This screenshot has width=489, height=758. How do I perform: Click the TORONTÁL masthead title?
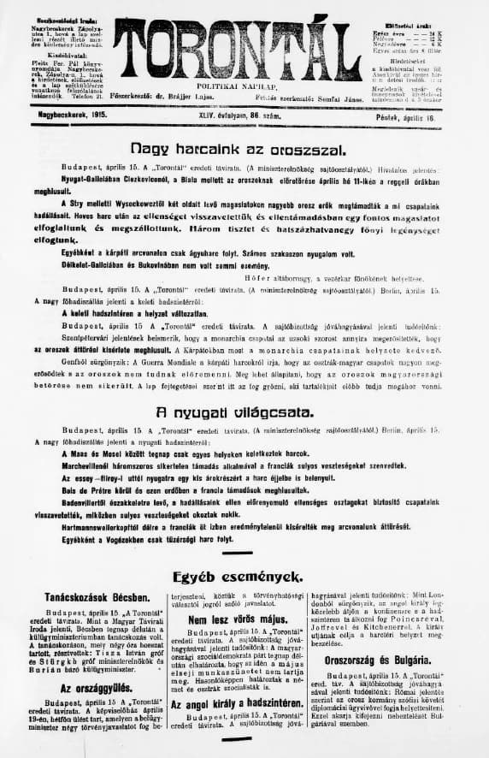coord(238,51)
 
